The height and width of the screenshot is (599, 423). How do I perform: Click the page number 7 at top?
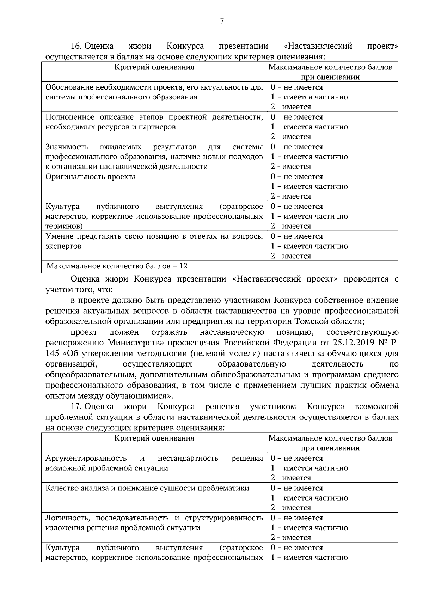(222, 21)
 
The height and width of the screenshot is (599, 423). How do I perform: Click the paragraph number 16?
(76, 46)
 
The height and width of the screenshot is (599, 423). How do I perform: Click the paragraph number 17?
(76, 406)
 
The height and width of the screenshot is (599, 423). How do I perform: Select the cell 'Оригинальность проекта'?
(91, 177)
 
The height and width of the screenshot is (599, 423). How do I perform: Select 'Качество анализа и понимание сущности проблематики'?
(147, 488)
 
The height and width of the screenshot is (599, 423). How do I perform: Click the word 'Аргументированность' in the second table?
(86, 458)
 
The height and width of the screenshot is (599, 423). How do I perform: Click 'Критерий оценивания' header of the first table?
(154, 67)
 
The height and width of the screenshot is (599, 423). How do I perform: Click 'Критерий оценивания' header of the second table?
(154, 438)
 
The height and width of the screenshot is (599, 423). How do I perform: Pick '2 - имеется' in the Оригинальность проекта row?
(291, 196)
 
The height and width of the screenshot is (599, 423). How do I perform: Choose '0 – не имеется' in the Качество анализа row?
(297, 488)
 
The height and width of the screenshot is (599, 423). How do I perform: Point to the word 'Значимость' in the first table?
(67, 147)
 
